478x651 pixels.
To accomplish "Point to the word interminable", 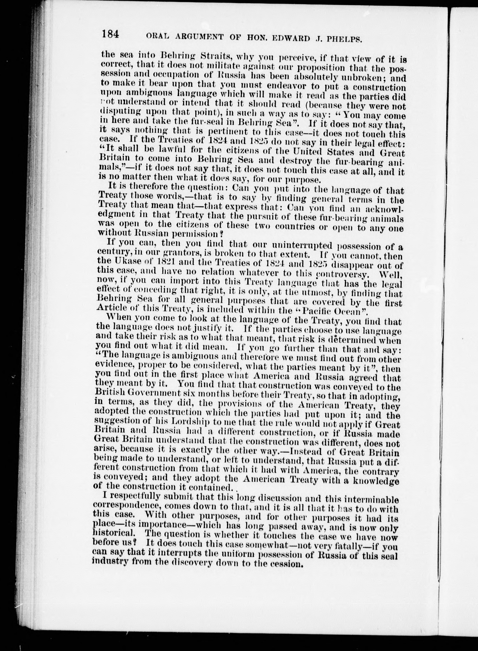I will tap(366, 500).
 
